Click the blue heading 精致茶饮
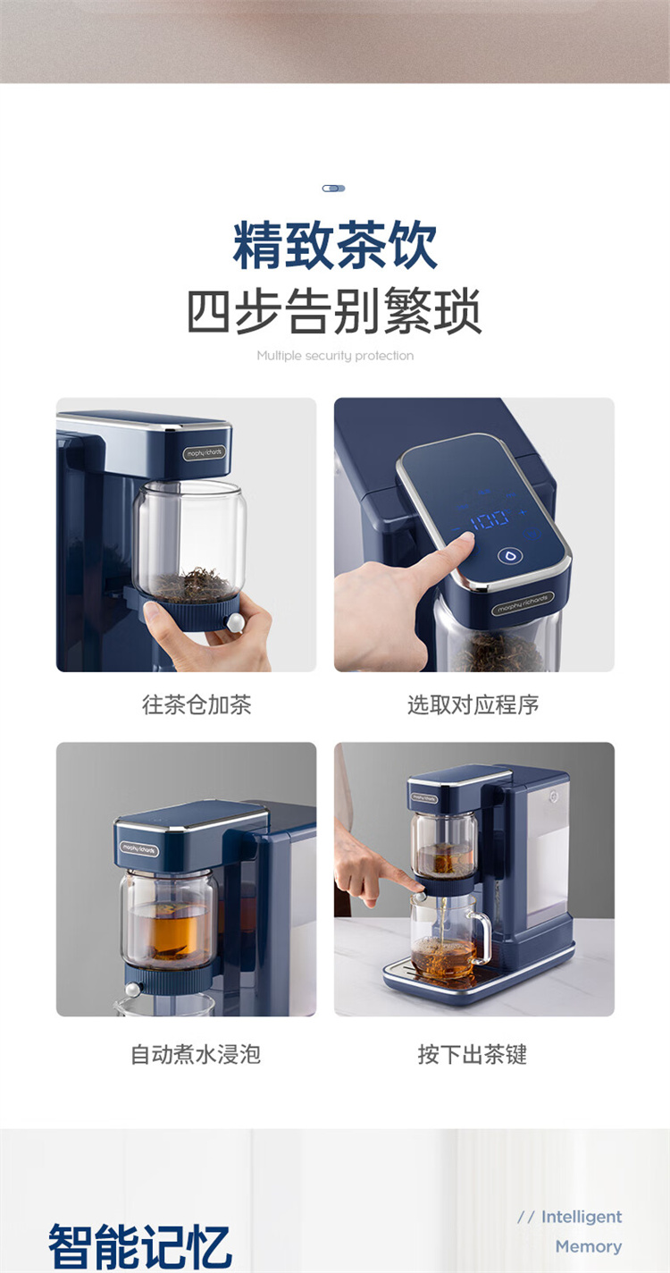[335, 246]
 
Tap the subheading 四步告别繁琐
[335, 311]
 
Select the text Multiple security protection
[335, 356]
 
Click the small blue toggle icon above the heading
[334, 188]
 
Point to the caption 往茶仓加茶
[197, 704]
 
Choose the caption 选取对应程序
[473, 704]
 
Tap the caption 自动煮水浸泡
[196, 1054]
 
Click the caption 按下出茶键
[473, 1054]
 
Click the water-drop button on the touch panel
[509, 556]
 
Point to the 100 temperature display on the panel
[490, 519]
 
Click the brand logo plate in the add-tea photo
[205, 453]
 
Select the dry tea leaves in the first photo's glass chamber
[191, 584]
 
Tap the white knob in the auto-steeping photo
[133, 989]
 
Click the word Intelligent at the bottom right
[582, 1217]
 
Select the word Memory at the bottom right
[589, 1246]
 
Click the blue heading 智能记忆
[139, 1247]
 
